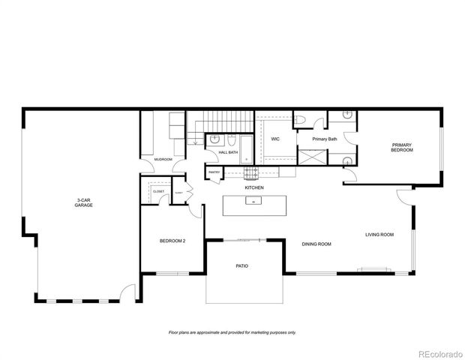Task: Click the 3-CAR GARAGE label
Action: [83, 202]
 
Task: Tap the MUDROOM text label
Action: [163, 160]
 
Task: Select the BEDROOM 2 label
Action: [172, 241]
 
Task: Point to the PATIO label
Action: [241, 266]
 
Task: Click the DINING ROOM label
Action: [316, 244]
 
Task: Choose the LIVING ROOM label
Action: [379, 235]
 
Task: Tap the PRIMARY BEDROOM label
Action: [402, 148]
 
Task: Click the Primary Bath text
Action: [325, 139]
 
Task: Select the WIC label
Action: [275, 139]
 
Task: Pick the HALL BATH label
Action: [228, 153]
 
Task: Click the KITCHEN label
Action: [253, 187]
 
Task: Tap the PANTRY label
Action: [214, 174]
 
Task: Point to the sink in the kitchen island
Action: [254, 202]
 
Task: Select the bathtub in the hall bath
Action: [229, 140]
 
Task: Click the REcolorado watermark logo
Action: [439, 354]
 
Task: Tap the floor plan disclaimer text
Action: [232, 332]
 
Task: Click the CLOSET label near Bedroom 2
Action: [158, 192]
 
